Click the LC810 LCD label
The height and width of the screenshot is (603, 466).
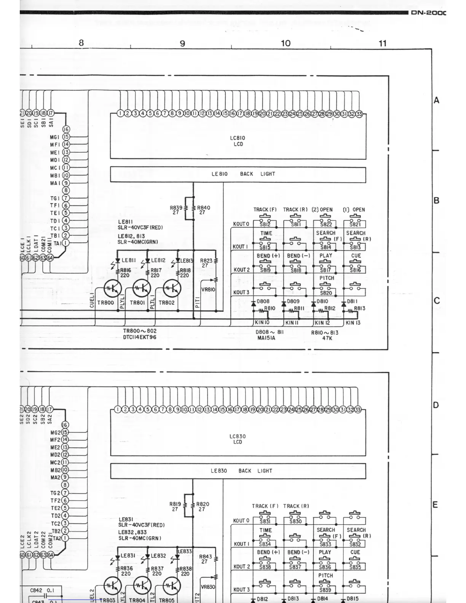click(x=237, y=141)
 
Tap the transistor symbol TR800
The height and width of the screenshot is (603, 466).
click(x=113, y=289)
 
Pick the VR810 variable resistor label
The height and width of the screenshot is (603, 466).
click(x=208, y=289)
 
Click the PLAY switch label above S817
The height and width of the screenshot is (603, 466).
click(x=326, y=256)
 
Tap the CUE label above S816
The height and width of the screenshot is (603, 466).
click(x=356, y=256)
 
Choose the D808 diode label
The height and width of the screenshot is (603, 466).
click(x=263, y=301)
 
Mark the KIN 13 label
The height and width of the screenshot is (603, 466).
click(x=353, y=323)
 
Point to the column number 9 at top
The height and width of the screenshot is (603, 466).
click(x=182, y=43)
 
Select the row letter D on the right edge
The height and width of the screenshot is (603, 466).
click(x=436, y=405)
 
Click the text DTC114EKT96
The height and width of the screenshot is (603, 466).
click(x=140, y=337)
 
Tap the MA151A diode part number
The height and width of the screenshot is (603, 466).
click(x=266, y=338)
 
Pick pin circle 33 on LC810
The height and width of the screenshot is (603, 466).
click(x=359, y=113)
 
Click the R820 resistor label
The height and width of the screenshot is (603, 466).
click(x=203, y=507)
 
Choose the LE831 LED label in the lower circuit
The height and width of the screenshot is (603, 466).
click(x=128, y=556)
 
